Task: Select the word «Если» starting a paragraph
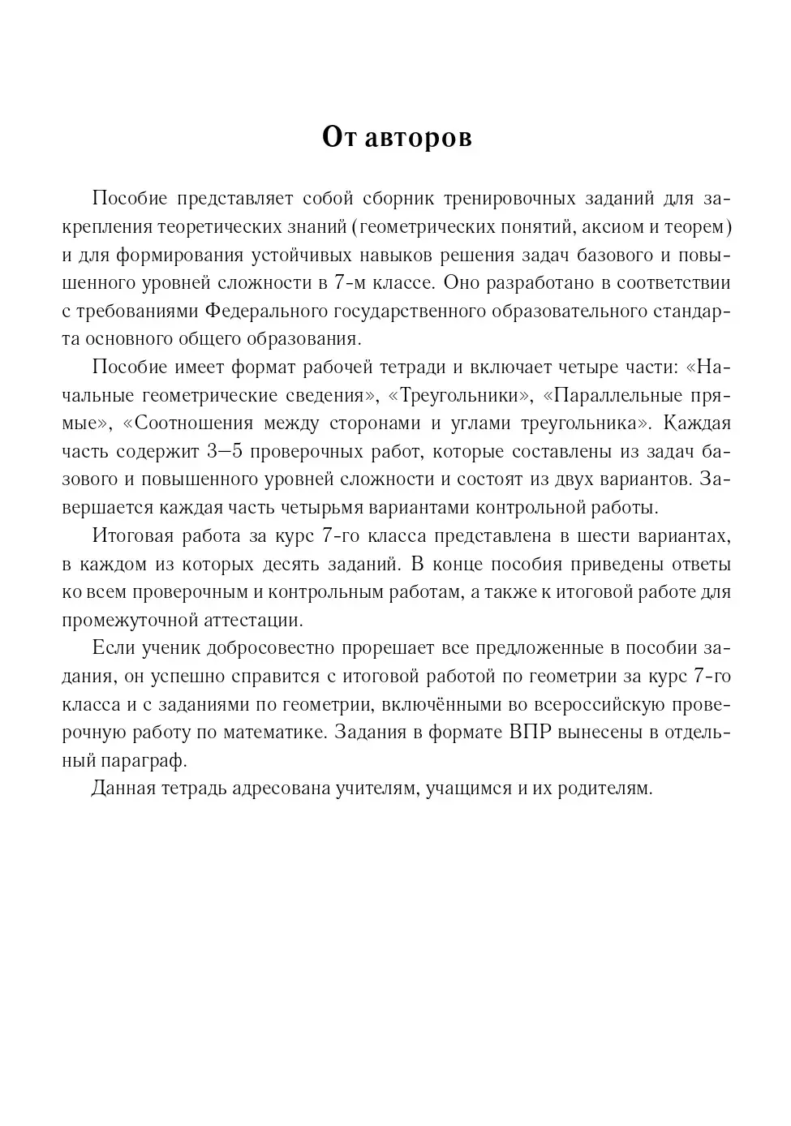tap(113, 649)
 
